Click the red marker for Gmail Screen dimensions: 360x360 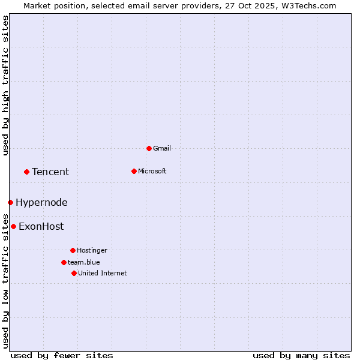149,148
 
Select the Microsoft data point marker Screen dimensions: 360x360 134,171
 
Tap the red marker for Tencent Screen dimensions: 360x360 26,172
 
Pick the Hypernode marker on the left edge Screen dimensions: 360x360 10,202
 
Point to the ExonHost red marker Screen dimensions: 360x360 13,226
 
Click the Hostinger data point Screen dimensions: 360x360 73,250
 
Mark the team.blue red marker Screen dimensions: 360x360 64,262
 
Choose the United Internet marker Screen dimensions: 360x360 74,273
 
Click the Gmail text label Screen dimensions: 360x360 162,148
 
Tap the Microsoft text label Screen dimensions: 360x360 152,171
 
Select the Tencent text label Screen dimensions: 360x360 50,172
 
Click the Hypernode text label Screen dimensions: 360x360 41,202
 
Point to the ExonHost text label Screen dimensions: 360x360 41,226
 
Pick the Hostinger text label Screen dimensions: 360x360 92,250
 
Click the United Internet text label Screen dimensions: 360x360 103,273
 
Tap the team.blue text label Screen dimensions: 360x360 84,262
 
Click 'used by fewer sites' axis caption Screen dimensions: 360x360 62,355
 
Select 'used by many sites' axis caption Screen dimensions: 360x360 301,355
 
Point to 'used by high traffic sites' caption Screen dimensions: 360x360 5,85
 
